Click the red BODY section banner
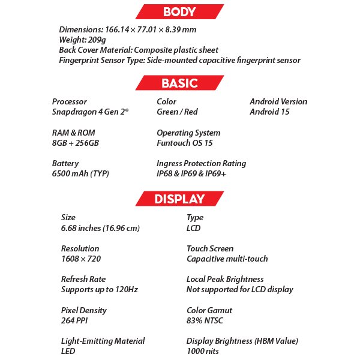[x=179, y=11]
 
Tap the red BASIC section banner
[x=179, y=83]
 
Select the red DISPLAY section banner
[x=179, y=199]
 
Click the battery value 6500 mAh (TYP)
[x=80, y=174]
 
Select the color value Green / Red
[x=177, y=112]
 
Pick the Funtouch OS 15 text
[x=185, y=143]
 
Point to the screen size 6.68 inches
[x=100, y=228]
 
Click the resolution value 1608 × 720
[x=81, y=259]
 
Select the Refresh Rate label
[x=83, y=279]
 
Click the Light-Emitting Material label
[x=103, y=341]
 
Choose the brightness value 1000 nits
[x=203, y=351]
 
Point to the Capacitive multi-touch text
[x=227, y=259]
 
